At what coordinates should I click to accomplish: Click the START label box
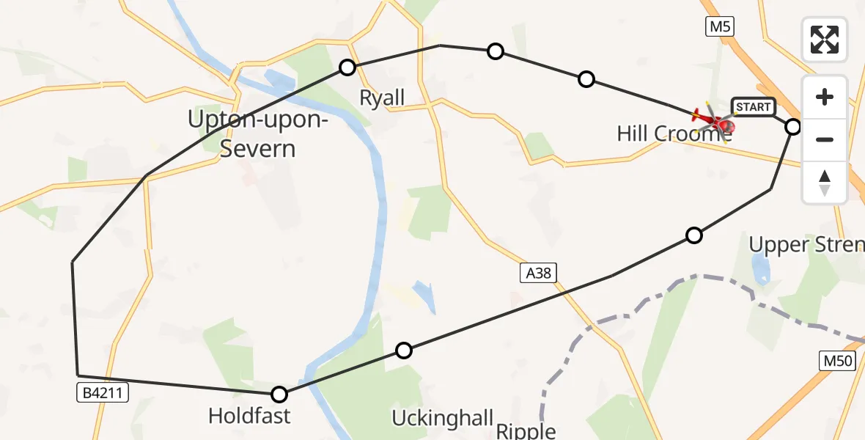(753, 107)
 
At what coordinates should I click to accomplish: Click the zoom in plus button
(825, 98)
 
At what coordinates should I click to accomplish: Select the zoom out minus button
(825, 139)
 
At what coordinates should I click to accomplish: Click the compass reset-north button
(825, 182)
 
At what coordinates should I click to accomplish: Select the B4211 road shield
(103, 393)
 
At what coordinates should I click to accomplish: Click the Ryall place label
(382, 98)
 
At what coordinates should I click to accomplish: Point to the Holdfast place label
(249, 417)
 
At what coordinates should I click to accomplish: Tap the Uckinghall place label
(442, 419)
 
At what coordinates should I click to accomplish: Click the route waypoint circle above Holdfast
(279, 395)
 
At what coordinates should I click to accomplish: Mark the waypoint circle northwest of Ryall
(347, 67)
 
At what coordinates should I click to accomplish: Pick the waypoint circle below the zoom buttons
(793, 127)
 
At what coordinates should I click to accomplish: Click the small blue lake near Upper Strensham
(760, 269)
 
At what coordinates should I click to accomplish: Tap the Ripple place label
(526, 431)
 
